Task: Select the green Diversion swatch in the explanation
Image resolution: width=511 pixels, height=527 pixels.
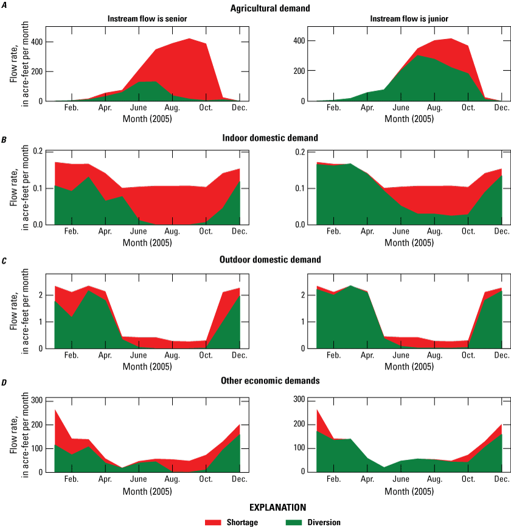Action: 301,522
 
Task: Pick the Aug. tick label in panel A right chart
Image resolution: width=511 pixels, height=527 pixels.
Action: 434,108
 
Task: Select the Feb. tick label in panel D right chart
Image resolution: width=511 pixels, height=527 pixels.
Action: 333,478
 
